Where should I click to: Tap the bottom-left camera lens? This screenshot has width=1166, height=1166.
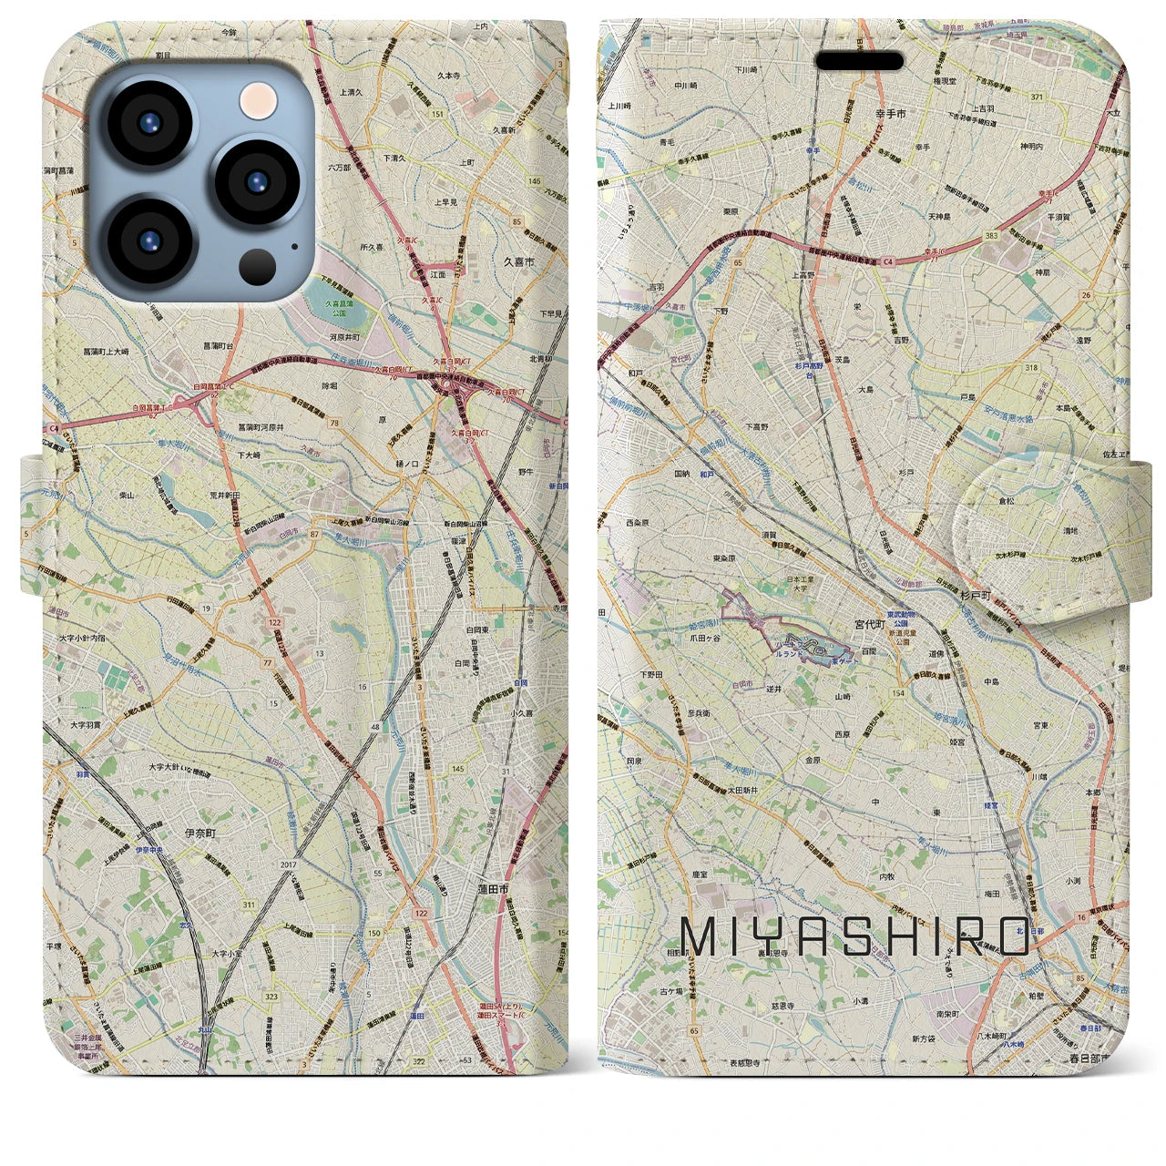pyautogui.click(x=149, y=241)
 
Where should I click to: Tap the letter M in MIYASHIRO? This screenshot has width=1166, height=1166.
pyautogui.click(x=701, y=936)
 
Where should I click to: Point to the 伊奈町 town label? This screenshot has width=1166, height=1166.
pyautogui.click(x=200, y=833)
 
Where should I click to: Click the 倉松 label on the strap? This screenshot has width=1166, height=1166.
pyautogui.click(x=1007, y=499)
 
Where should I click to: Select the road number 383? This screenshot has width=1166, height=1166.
pyautogui.click(x=992, y=235)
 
